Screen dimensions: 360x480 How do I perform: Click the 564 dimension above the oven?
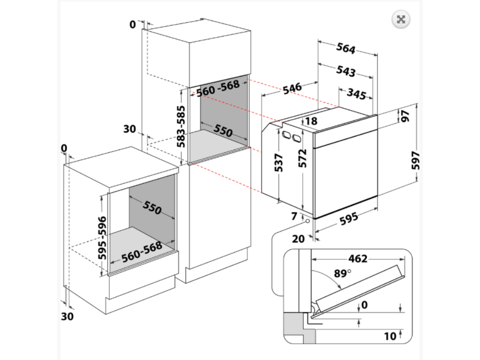click(346, 48)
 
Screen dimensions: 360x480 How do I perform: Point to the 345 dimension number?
click(356, 94)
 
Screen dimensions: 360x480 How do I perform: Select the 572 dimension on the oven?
click(302, 158)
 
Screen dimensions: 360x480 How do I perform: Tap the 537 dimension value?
click(278, 162)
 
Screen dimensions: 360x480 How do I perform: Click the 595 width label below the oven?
click(348, 218)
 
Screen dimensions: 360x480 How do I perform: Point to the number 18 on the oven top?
click(311, 121)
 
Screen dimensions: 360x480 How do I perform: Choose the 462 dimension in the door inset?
click(358, 259)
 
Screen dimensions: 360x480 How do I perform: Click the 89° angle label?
click(343, 273)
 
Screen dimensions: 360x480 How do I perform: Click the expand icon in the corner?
click(401, 19)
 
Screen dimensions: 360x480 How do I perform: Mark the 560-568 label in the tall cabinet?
click(217, 88)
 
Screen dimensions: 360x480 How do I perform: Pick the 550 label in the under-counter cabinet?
click(152, 207)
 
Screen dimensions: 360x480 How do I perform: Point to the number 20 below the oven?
click(299, 239)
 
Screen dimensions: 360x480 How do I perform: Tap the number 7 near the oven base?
click(294, 216)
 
